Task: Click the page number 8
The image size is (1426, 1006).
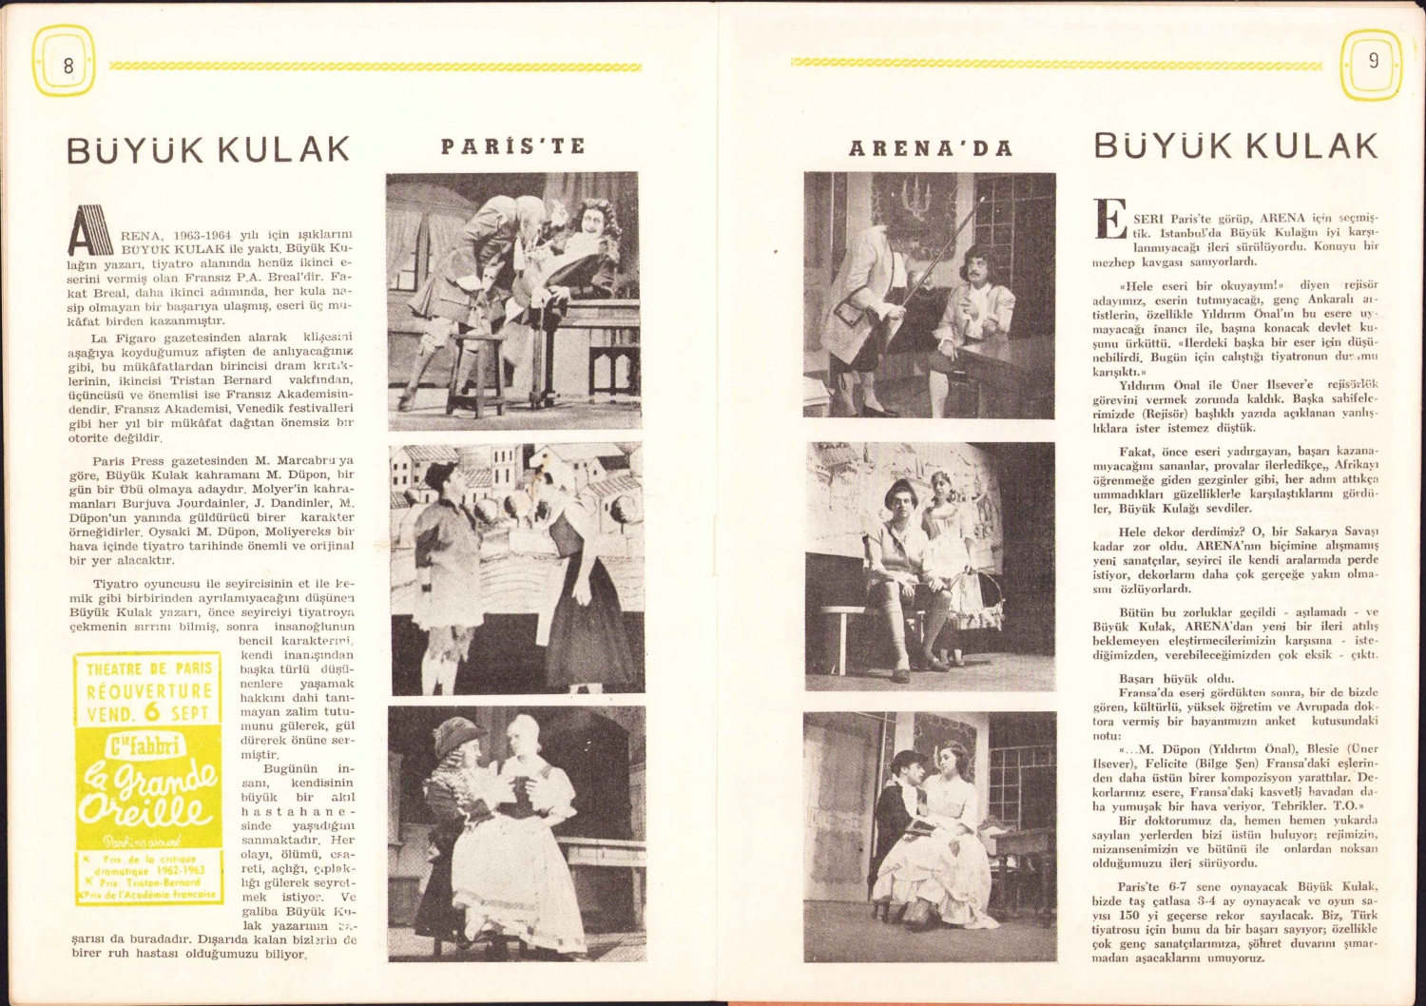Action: click(x=67, y=66)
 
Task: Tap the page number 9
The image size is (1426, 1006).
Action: click(x=1373, y=62)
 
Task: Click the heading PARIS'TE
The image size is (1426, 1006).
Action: click(x=512, y=146)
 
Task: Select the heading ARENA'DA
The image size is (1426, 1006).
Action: click(x=930, y=148)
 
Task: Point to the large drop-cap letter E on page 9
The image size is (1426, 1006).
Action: click(x=1109, y=219)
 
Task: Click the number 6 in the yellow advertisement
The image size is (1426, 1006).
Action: click(x=152, y=711)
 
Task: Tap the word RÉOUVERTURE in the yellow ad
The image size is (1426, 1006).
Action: click(x=149, y=691)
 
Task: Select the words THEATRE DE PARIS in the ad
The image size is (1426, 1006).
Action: click(x=149, y=668)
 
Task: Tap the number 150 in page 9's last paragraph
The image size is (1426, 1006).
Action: click(x=1130, y=915)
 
